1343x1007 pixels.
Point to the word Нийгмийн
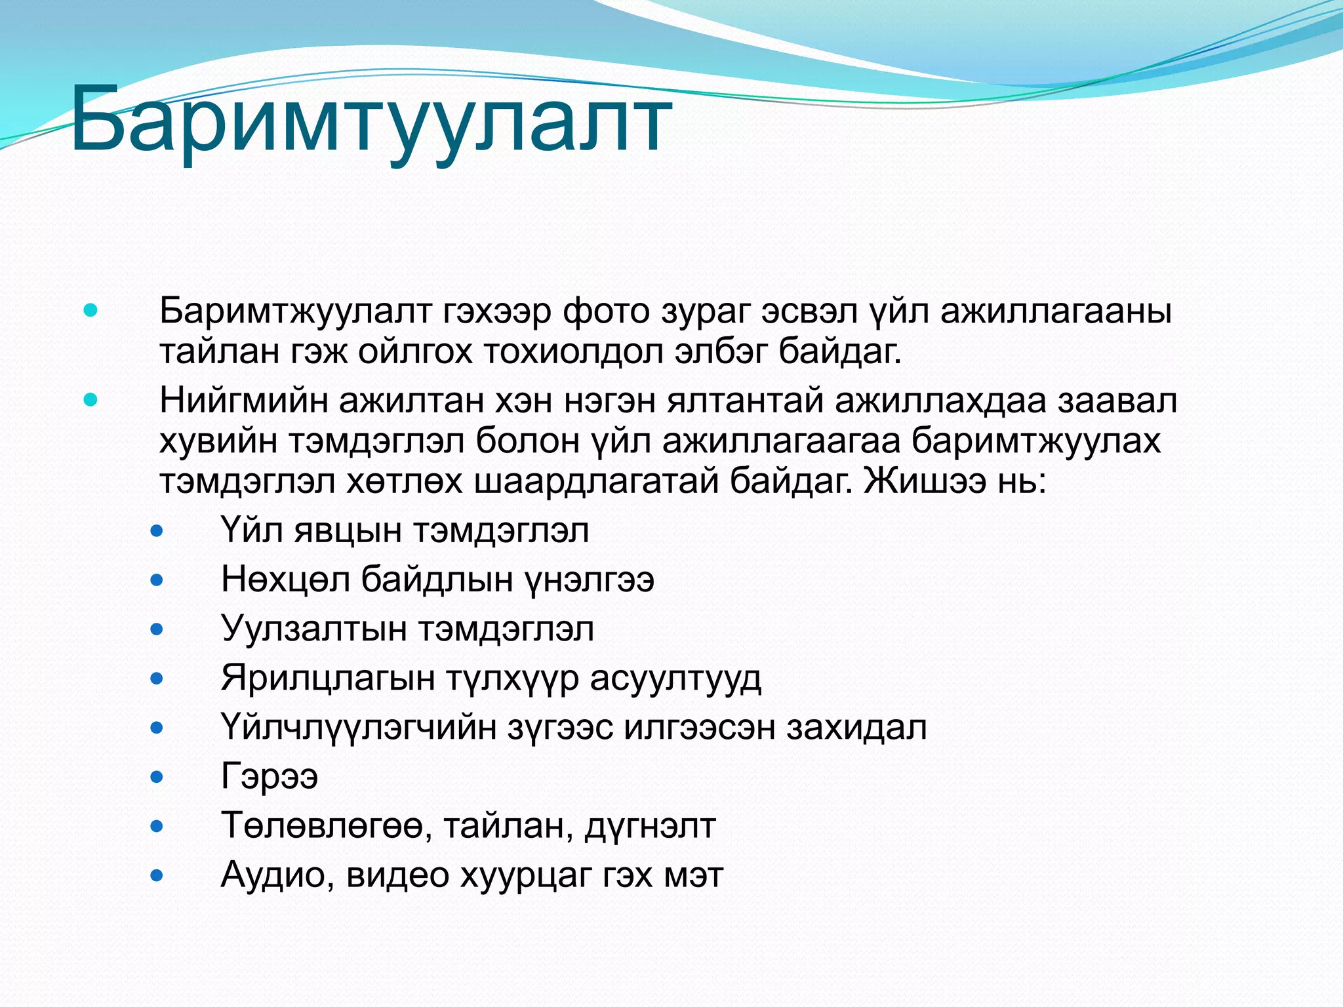coord(243,400)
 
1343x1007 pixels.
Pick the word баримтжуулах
coord(1036,441)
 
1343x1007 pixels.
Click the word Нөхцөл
coord(285,580)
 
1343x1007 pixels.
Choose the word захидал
coord(856,727)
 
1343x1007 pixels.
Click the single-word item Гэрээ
coord(270,777)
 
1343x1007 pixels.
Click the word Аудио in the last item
coord(273,875)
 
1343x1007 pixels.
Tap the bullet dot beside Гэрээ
coord(157,777)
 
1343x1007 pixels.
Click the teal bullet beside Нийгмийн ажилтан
coord(90,400)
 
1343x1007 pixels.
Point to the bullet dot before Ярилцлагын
coord(157,679)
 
